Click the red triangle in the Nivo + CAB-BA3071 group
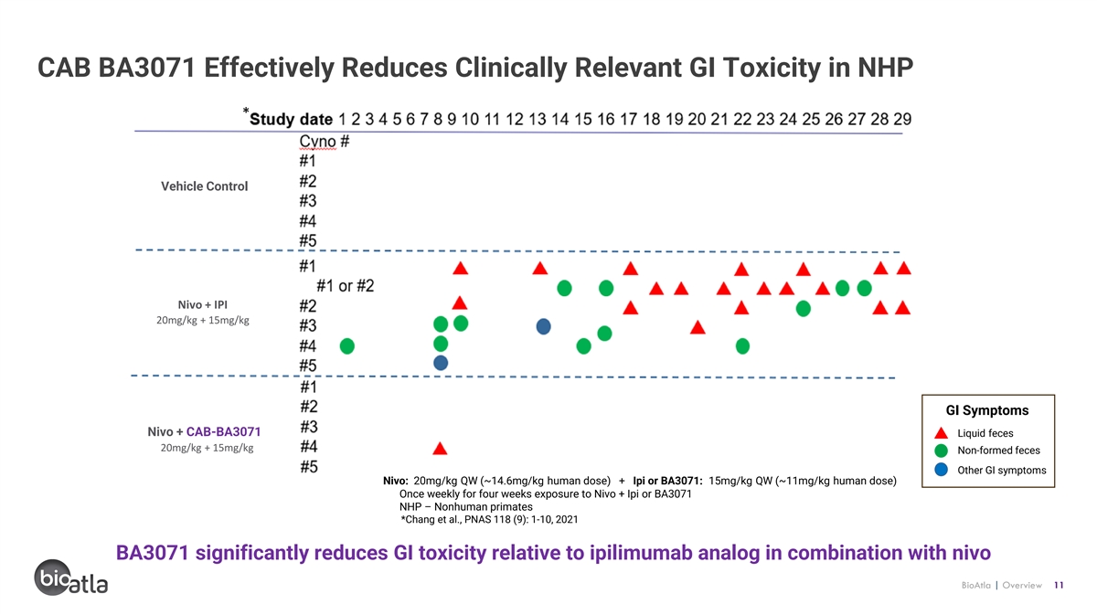440,449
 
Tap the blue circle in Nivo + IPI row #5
441,363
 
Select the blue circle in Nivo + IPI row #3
544,326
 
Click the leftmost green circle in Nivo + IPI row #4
347,346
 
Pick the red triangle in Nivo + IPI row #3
698,327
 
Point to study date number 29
902,119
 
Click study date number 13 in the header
538,119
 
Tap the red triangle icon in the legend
941,433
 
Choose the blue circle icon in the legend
941,470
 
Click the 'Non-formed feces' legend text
998,451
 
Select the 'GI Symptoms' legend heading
987,410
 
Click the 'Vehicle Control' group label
204,186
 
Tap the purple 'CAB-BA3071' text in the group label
223,432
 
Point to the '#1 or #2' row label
346,286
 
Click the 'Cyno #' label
325,142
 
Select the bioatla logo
70,578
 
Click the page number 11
1059,585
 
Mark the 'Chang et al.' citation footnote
489,520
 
